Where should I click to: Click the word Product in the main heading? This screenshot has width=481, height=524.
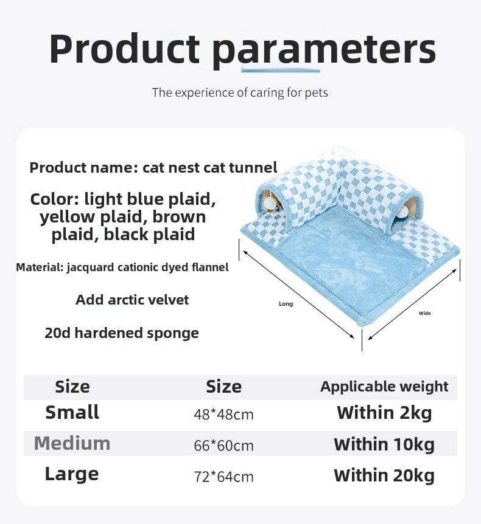(x=125, y=49)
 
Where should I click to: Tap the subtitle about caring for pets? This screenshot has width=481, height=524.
(x=240, y=92)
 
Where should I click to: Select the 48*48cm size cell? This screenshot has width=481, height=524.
(x=223, y=415)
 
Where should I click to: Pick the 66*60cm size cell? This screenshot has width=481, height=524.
(x=223, y=446)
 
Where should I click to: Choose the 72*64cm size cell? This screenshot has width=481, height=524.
(x=223, y=477)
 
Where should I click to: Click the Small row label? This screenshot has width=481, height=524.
(x=72, y=412)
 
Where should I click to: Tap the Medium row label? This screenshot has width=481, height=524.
(x=72, y=443)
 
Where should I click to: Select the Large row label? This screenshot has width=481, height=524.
(x=72, y=475)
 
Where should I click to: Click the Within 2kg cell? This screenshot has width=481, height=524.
(x=384, y=413)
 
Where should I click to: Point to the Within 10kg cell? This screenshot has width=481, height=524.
(x=384, y=444)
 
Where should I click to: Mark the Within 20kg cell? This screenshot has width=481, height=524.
(x=384, y=475)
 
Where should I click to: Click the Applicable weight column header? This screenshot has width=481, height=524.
(x=384, y=387)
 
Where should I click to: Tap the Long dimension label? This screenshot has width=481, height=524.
(x=286, y=304)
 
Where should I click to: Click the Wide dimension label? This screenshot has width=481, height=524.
(x=425, y=313)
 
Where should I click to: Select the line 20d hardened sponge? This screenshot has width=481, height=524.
(x=122, y=333)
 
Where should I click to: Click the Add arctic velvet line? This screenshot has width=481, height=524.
(x=132, y=300)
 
